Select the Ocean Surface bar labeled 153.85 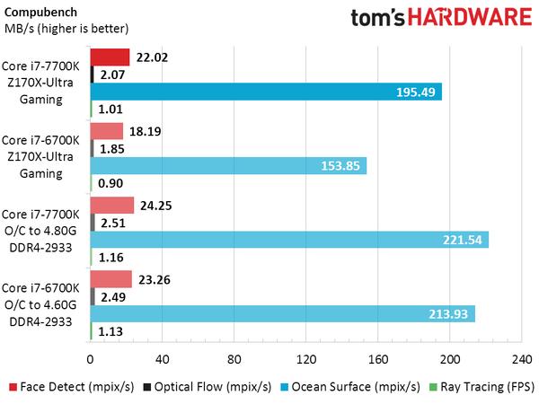(228, 166)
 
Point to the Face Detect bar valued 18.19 (106, 131)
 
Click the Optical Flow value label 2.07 (113, 75)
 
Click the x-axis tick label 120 (305, 360)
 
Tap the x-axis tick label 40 (162, 360)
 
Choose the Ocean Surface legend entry (353, 388)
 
